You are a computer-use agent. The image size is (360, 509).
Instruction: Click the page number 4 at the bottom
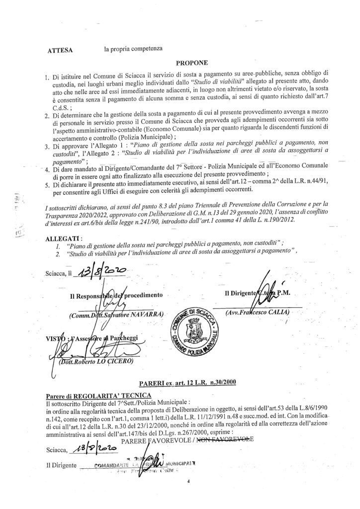point(189,482)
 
